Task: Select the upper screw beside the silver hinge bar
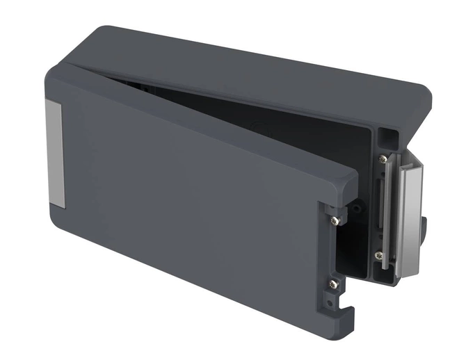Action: point(383,159)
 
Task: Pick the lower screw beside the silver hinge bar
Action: point(378,256)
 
